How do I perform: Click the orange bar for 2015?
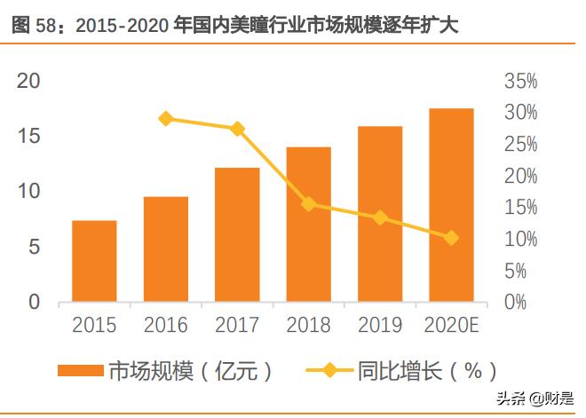[x=94, y=261]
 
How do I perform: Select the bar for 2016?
[x=166, y=249]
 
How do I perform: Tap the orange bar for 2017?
[x=237, y=234]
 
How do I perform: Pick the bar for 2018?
[x=308, y=225]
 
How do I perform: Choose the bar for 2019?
[x=380, y=214]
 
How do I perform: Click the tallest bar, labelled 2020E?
[x=451, y=205]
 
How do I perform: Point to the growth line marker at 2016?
[x=166, y=119]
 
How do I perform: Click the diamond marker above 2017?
[x=237, y=129]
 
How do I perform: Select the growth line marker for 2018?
[x=309, y=204]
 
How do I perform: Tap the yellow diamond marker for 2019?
[x=380, y=217]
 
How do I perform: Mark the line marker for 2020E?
[x=451, y=238]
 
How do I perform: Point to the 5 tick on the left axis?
[x=35, y=248]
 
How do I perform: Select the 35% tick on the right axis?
[x=521, y=83]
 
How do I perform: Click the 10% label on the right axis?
[x=521, y=240]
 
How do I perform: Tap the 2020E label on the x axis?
[x=453, y=326]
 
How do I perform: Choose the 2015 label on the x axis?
[x=94, y=326]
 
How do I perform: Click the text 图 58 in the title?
[x=34, y=27]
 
